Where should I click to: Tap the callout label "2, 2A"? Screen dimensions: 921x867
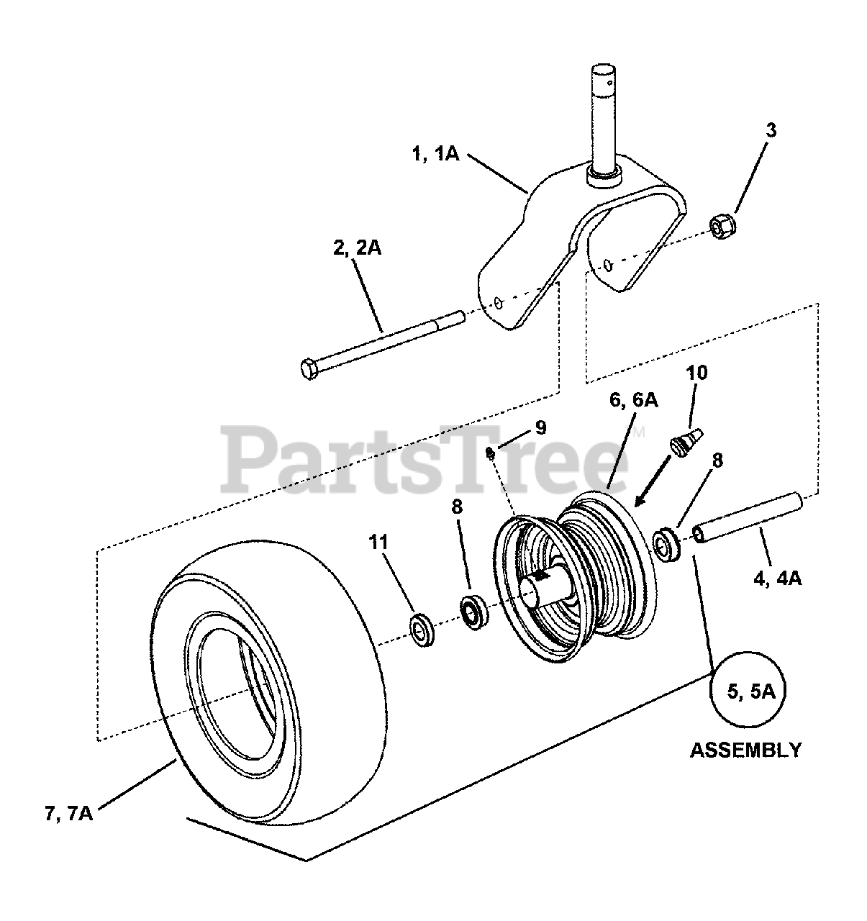pos(357,248)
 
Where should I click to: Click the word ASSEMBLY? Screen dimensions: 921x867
pos(745,750)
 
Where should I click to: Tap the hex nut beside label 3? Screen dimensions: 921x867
pos(721,226)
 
